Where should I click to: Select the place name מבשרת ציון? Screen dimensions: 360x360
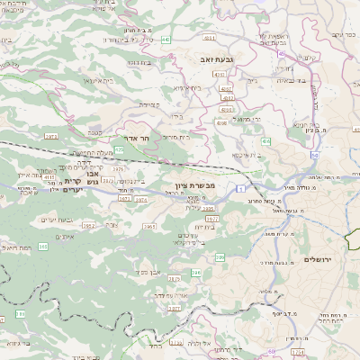[x=190, y=186]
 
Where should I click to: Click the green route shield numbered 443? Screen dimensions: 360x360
[x=166, y=40]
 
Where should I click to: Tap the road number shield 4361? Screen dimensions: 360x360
[x=209, y=37]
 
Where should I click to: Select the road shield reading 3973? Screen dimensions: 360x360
[x=50, y=136]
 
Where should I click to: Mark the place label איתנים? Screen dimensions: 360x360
[x=63, y=236]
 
